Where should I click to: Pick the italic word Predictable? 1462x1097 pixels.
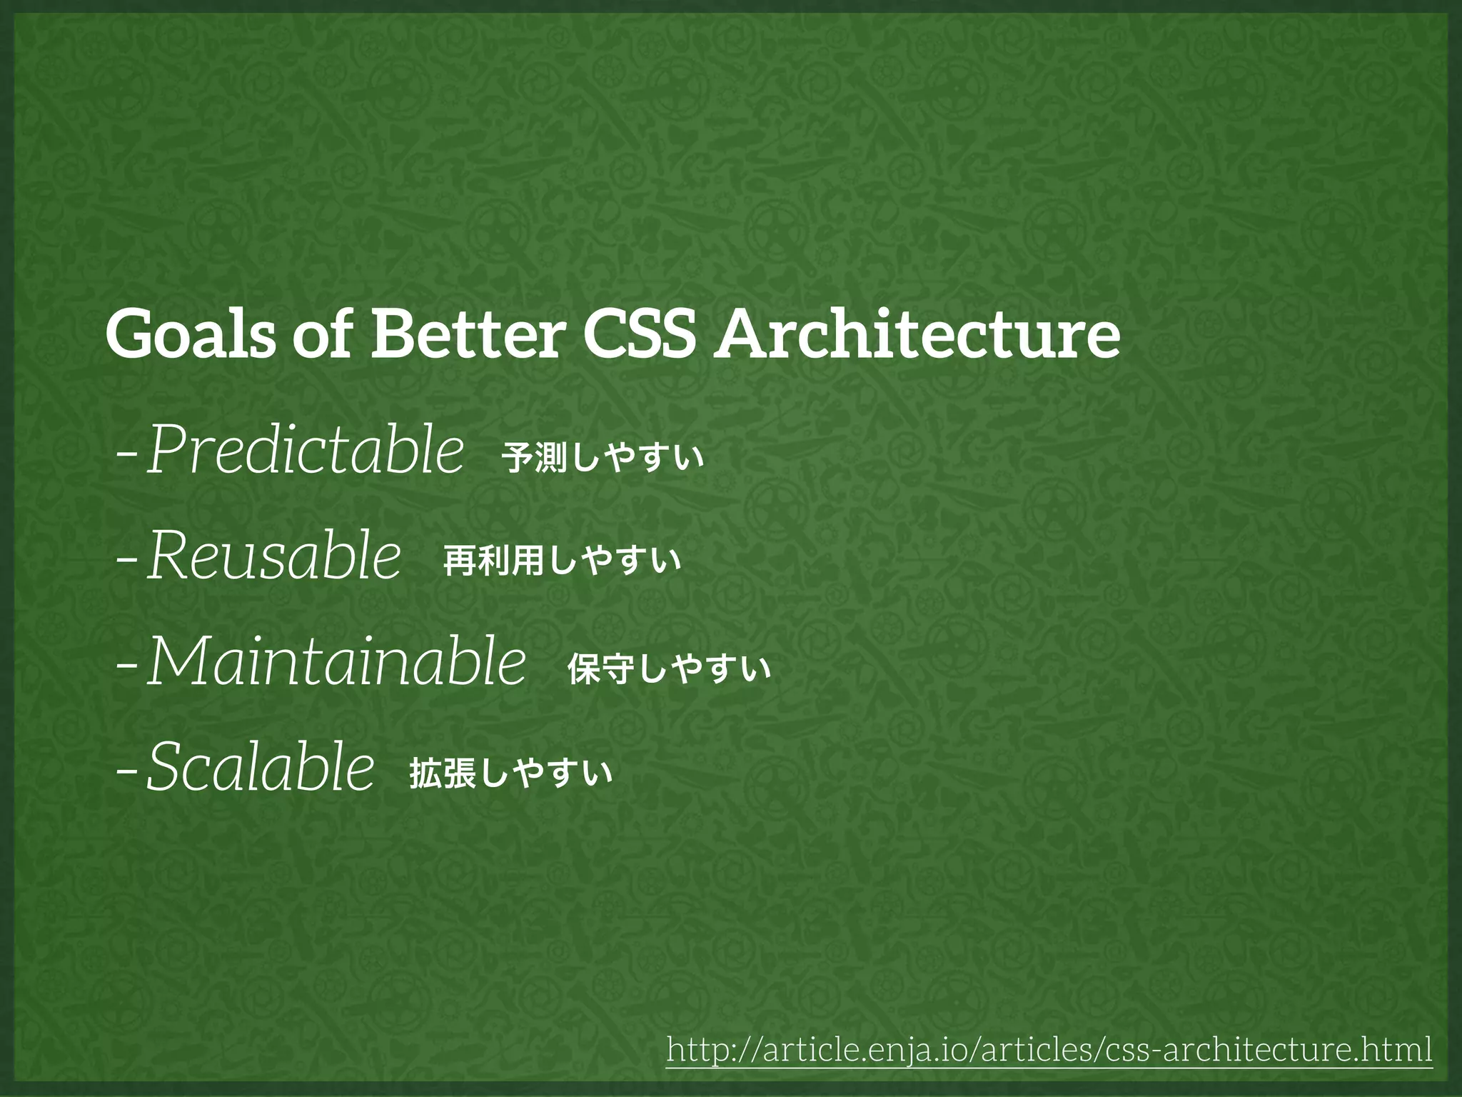click(306, 450)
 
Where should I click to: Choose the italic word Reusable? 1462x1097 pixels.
click(273, 556)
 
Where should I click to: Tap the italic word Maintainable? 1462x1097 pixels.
click(336, 662)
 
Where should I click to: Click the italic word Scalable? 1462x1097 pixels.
click(261, 767)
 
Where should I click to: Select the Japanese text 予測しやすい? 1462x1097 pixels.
click(603, 458)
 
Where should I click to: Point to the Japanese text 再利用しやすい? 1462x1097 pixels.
click(562, 561)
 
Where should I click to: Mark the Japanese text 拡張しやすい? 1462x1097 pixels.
click(510, 773)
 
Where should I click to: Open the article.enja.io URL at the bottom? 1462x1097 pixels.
click(1049, 1050)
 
